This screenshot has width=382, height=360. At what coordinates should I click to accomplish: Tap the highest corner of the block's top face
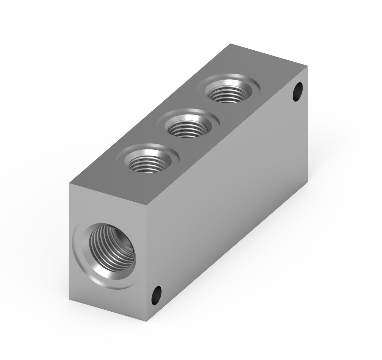231,44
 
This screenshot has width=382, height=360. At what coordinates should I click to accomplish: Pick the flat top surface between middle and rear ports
206,112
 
